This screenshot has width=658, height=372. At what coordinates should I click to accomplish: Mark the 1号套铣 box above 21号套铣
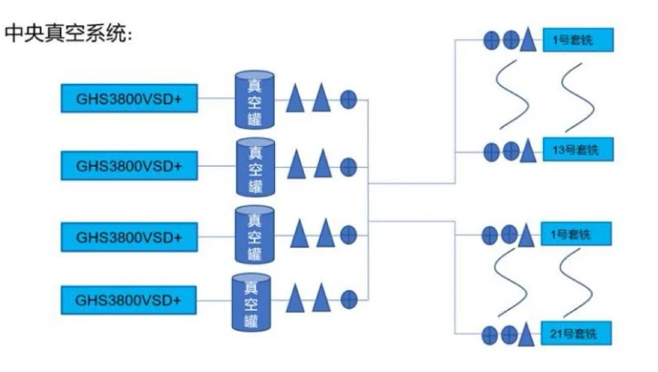point(576,234)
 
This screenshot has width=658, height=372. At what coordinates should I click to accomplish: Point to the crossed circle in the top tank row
point(349,100)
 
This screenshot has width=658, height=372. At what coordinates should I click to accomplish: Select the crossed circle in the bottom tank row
point(349,300)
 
